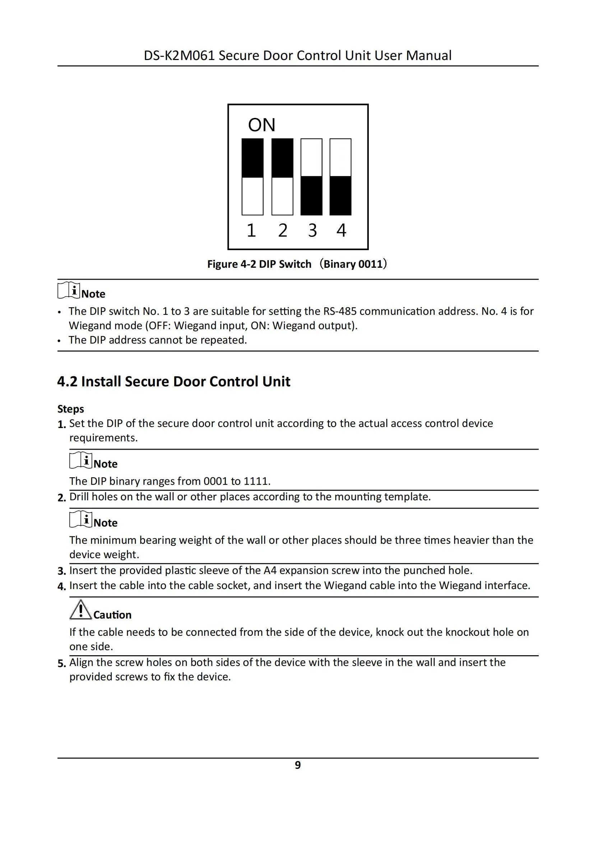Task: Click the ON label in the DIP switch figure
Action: [261, 125]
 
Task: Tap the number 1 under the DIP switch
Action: [251, 230]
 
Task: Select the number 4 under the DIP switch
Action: [341, 230]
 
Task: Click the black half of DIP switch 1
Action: [252, 158]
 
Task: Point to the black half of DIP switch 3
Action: [311, 196]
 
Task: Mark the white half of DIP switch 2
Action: [282, 196]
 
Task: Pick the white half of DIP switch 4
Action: [340, 157]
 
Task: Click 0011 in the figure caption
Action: [370, 264]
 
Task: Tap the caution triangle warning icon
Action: [80, 610]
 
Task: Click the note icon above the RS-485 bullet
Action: [69, 290]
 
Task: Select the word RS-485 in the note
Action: [340, 311]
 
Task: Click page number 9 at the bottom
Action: [298, 765]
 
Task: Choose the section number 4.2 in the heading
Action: [68, 382]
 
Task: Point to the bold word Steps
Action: [71, 409]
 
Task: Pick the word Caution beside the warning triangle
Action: [112, 615]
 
